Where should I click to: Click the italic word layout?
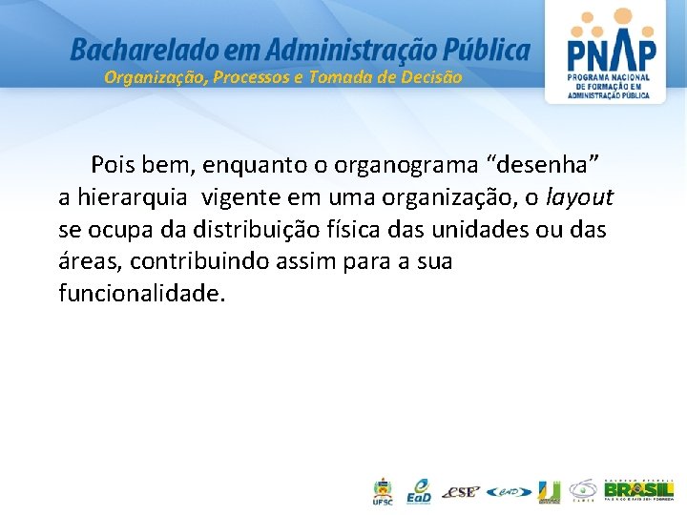coord(581,197)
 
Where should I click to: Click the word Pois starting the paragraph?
coord(114,164)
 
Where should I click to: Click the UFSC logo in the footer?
coord(382,491)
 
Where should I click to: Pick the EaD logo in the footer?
coord(419,490)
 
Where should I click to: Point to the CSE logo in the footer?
coord(461,492)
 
